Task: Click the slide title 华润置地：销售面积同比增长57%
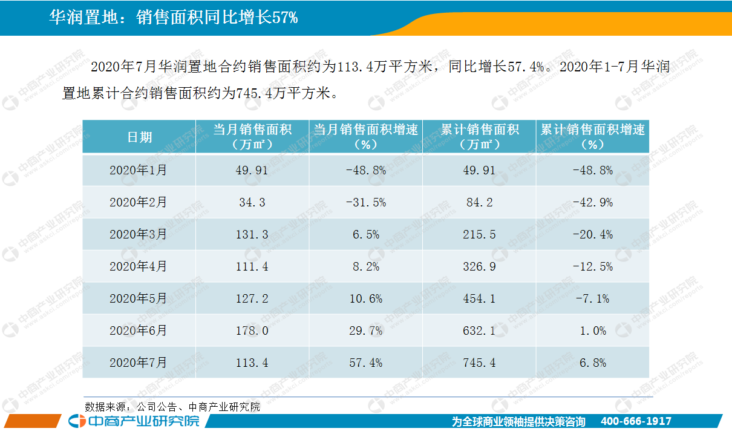pos(173,18)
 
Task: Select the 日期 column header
pos(139,137)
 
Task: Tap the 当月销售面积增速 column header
pos(365,137)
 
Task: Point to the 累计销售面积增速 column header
pos(592,137)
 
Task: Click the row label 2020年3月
pos(138,234)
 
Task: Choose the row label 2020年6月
pos(138,330)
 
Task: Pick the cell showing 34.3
pos(252,203)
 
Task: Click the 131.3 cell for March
pos(252,234)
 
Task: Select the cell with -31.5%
pos(365,203)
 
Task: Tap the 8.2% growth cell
pos(365,266)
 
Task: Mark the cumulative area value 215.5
pos(479,234)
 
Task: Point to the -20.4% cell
pos(592,234)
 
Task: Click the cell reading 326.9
pos(479,266)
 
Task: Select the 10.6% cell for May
pos(365,298)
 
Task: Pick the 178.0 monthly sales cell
pos(252,330)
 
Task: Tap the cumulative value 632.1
pos(479,330)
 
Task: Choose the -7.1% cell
pos(592,298)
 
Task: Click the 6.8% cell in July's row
pos(592,363)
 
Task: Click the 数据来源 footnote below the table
pos(172,407)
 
